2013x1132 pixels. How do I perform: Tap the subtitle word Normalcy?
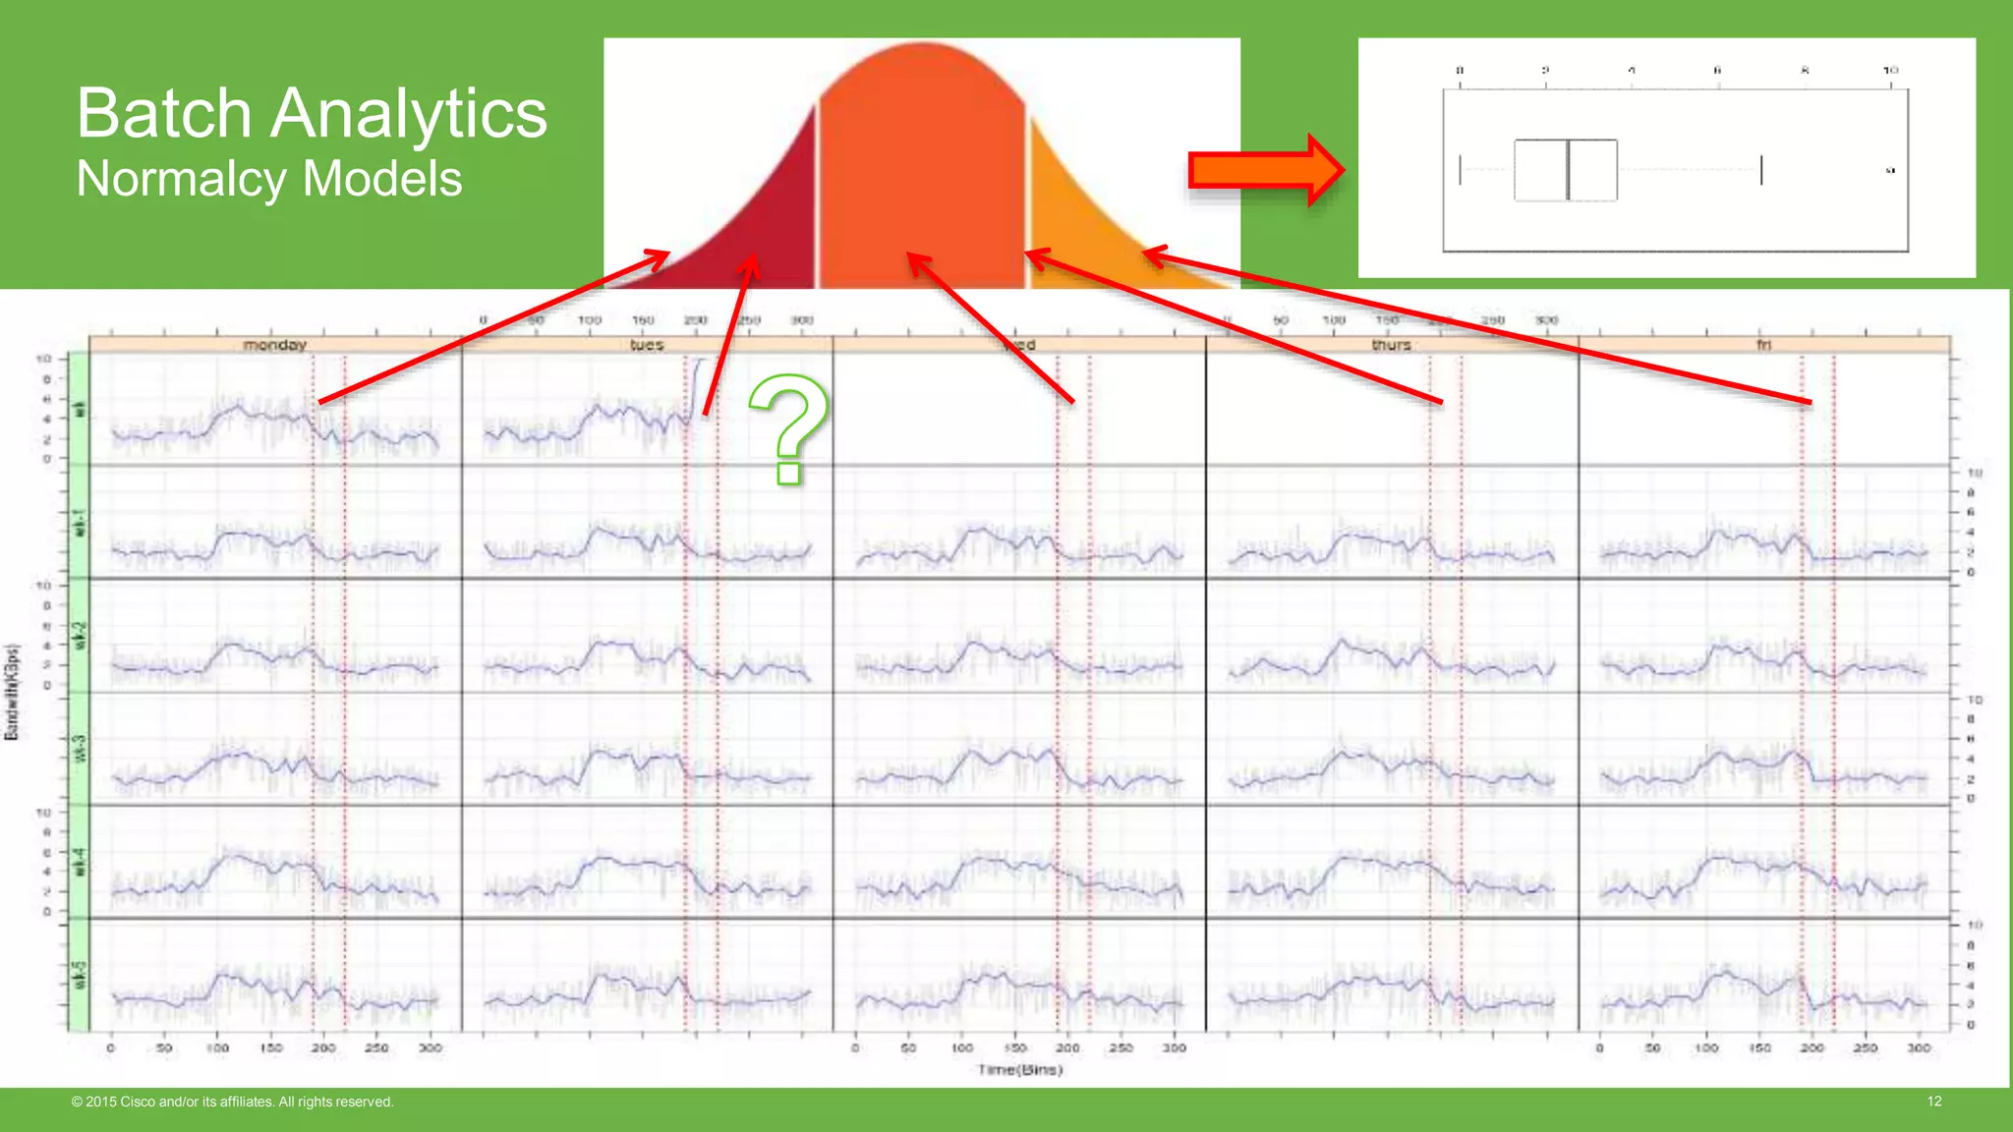click(183, 179)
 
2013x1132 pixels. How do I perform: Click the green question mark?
click(788, 428)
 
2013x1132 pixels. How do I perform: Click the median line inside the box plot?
click(1568, 170)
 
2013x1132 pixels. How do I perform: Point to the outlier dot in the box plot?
click(1890, 171)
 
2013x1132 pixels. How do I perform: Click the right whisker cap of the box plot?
click(1761, 170)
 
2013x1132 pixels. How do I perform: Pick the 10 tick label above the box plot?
click(1890, 70)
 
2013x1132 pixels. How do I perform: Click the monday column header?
click(275, 345)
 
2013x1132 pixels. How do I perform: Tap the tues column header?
click(647, 345)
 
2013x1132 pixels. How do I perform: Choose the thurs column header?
click(1391, 345)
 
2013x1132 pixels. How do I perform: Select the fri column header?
click(1763, 345)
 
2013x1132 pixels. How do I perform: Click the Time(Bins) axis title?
click(1019, 1069)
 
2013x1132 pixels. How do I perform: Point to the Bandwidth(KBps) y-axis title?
click(13, 692)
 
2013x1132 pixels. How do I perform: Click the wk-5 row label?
click(80, 975)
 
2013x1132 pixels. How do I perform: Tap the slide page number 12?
click(1933, 1102)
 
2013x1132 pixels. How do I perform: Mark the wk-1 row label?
click(80, 522)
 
